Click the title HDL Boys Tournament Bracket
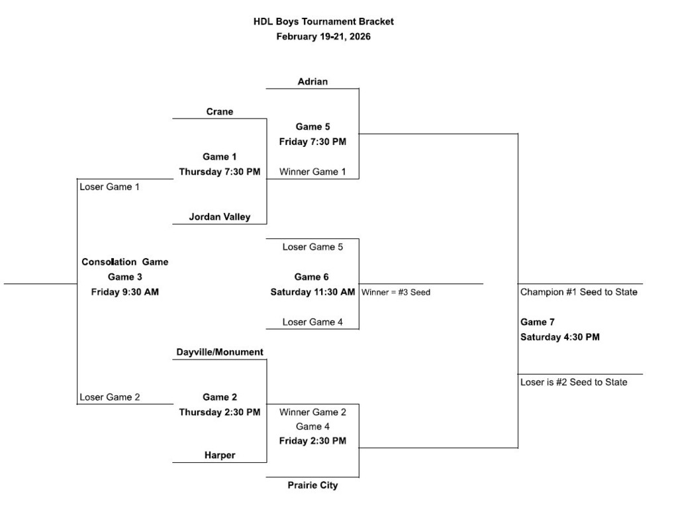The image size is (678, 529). point(323,21)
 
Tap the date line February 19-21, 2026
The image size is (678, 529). point(323,36)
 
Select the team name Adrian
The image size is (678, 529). point(313,82)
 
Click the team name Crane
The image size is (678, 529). point(220,112)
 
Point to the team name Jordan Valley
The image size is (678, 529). point(220,216)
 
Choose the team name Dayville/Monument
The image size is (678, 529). point(220,352)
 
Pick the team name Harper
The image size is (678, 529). point(220,456)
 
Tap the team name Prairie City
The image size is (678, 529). point(313,485)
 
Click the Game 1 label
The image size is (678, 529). point(220,157)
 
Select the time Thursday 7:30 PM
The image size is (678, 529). point(220,172)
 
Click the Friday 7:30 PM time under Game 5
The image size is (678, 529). point(313,142)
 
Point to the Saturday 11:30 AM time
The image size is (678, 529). point(313,292)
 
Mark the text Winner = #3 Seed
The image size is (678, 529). point(396,292)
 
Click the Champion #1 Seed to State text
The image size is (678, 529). point(579,292)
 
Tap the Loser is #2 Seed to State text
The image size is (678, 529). point(573,382)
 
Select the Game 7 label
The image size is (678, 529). point(538,322)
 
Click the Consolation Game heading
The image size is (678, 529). point(125,262)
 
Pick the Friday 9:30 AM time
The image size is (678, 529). point(125,292)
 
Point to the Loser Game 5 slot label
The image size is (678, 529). point(313,247)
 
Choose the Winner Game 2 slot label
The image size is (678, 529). point(313,412)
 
